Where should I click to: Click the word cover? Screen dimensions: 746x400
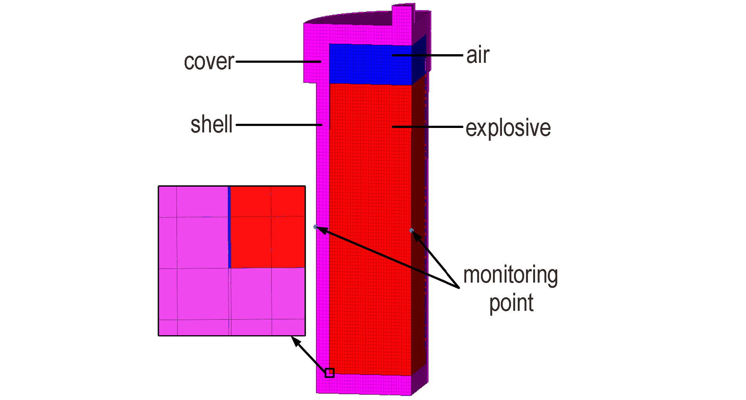(209, 62)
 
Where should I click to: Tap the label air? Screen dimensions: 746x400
(478, 55)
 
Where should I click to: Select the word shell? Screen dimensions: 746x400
(212, 124)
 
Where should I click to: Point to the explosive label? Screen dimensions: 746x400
(508, 128)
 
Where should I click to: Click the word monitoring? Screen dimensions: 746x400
(511, 275)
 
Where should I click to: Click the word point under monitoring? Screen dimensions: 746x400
(511, 303)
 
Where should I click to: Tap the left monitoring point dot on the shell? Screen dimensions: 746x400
(315, 227)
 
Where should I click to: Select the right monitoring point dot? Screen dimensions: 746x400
(411, 230)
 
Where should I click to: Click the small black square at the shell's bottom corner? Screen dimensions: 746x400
(329, 373)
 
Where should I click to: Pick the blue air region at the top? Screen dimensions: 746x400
(370, 64)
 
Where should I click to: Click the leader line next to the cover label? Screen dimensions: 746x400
(279, 62)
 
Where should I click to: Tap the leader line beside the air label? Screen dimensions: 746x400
(427, 55)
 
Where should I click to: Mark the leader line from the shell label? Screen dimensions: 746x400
(279, 125)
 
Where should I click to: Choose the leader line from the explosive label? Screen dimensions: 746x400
(427, 127)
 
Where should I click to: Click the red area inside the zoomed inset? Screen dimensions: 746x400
(267, 227)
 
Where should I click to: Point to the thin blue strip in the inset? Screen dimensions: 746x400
(229, 227)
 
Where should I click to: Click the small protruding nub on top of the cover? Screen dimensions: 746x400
(403, 15)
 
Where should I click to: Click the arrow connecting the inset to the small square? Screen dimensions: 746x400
(309, 354)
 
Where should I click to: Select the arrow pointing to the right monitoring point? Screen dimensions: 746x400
(436, 260)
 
